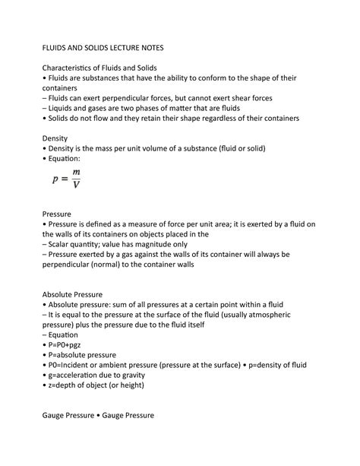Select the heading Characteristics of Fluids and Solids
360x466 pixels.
(x=103, y=68)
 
